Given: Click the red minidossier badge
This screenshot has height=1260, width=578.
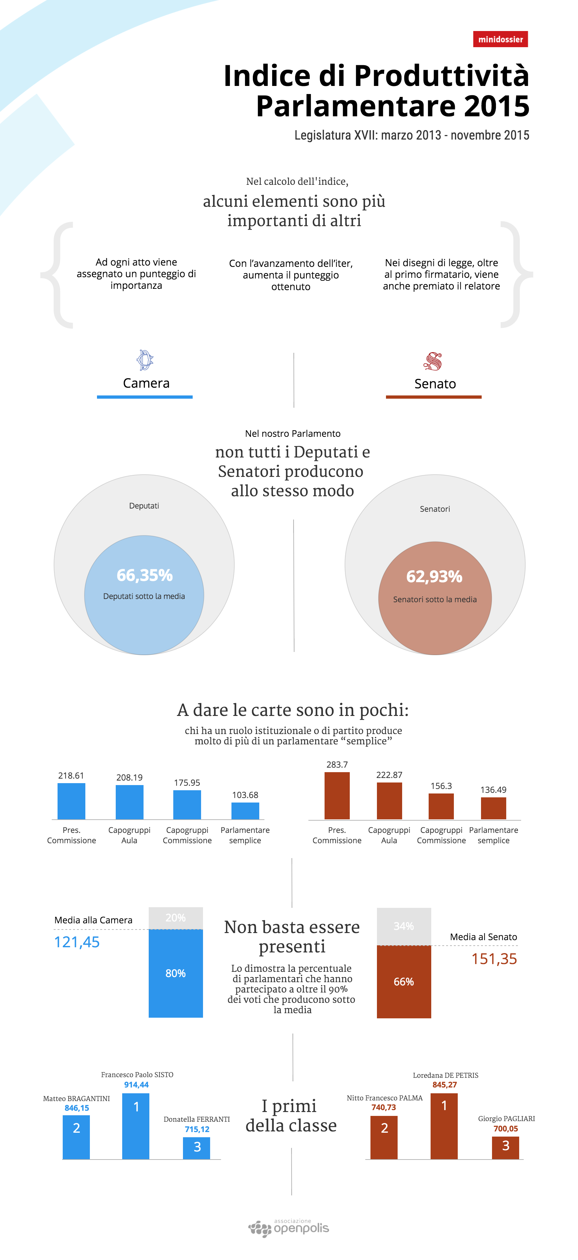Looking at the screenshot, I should pyautogui.click(x=500, y=39).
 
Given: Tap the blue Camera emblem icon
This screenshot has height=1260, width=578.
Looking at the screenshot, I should pyautogui.click(x=145, y=361).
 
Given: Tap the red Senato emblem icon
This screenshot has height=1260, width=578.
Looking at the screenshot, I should pyautogui.click(x=433, y=362).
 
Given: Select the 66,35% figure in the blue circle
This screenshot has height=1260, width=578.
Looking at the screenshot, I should pyautogui.click(x=144, y=575).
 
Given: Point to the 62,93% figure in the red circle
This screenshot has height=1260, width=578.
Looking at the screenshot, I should pyautogui.click(x=434, y=577).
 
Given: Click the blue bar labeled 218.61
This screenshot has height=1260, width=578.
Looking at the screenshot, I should pyautogui.click(x=71, y=801).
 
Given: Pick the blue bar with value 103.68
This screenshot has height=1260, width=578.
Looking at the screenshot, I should pyautogui.click(x=245, y=811).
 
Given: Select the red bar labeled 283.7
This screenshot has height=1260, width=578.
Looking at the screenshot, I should pyautogui.click(x=337, y=795).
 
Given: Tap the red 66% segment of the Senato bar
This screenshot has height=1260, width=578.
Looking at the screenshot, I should pyautogui.click(x=404, y=982).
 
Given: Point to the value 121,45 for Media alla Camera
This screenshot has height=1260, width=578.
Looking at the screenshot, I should pyautogui.click(x=77, y=942).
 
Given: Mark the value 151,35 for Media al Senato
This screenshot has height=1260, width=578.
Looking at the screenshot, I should pyautogui.click(x=494, y=959).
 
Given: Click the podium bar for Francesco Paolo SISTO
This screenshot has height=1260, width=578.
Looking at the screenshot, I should pyautogui.click(x=136, y=1126).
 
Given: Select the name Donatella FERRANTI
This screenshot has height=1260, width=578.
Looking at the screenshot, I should pyautogui.click(x=197, y=1119).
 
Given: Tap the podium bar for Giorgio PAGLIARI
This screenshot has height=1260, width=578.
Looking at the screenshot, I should pyautogui.click(x=506, y=1148).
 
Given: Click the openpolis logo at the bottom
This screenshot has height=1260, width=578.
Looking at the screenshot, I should pyautogui.click(x=289, y=1228).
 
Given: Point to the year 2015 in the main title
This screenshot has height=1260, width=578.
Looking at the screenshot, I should pyautogui.click(x=496, y=106).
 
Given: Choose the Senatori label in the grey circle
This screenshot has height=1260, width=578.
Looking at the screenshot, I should pyautogui.click(x=434, y=509).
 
